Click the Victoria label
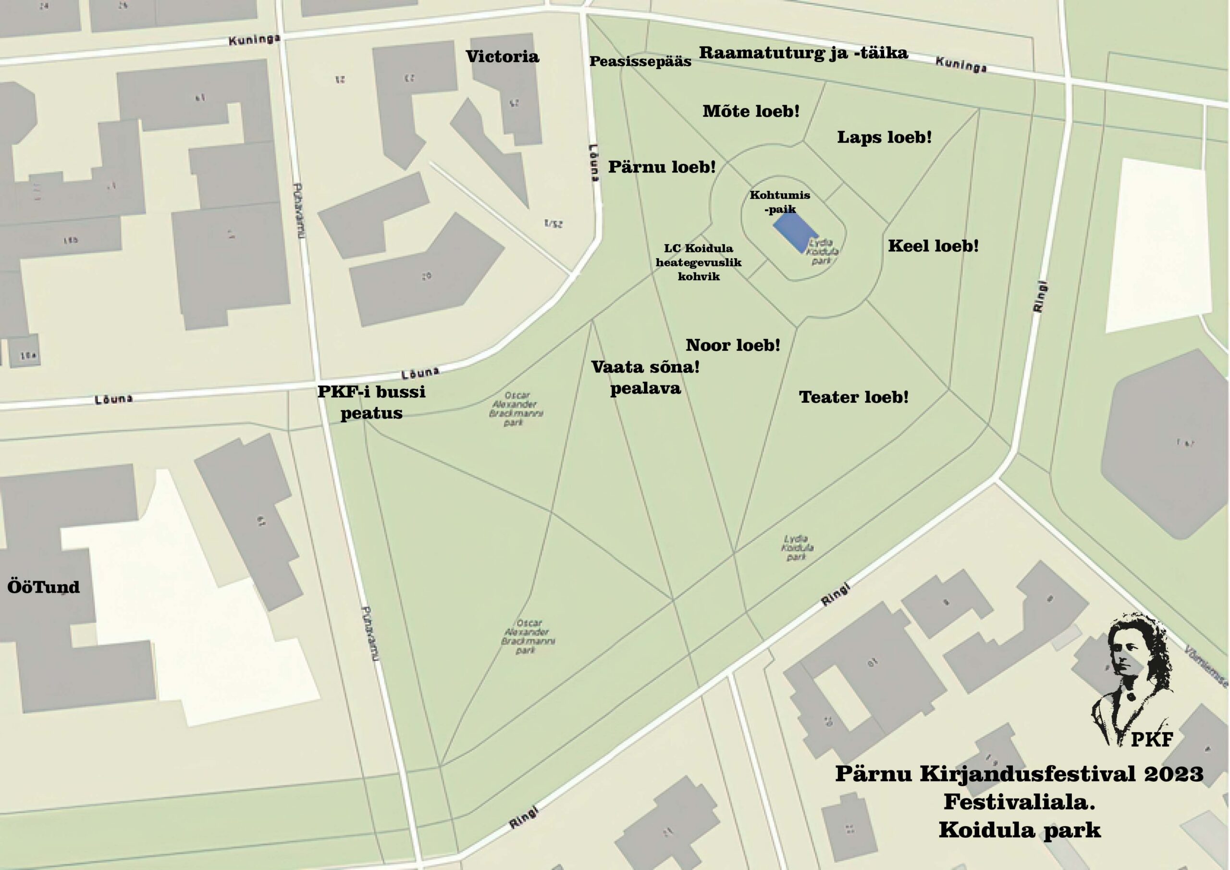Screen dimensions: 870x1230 click(x=502, y=57)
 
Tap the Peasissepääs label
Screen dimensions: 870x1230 click(x=640, y=62)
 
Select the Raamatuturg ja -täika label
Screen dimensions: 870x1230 click(x=803, y=53)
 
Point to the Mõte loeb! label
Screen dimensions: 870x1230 click(x=750, y=112)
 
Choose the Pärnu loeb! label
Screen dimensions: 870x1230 click(x=662, y=167)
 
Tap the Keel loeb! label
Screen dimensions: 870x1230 click(x=933, y=246)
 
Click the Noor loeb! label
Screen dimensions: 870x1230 click(x=732, y=345)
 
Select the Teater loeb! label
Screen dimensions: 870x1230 click(x=853, y=397)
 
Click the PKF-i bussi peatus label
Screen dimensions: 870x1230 click(x=371, y=402)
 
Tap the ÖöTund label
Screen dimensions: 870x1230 click(x=43, y=587)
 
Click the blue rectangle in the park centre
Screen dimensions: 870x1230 click(x=795, y=233)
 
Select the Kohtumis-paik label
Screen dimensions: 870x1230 click(x=779, y=202)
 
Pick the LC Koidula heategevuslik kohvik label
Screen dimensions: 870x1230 click(x=699, y=262)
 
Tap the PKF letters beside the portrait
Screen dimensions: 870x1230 click(x=1152, y=740)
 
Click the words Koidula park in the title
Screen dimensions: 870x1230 click(x=1020, y=830)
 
